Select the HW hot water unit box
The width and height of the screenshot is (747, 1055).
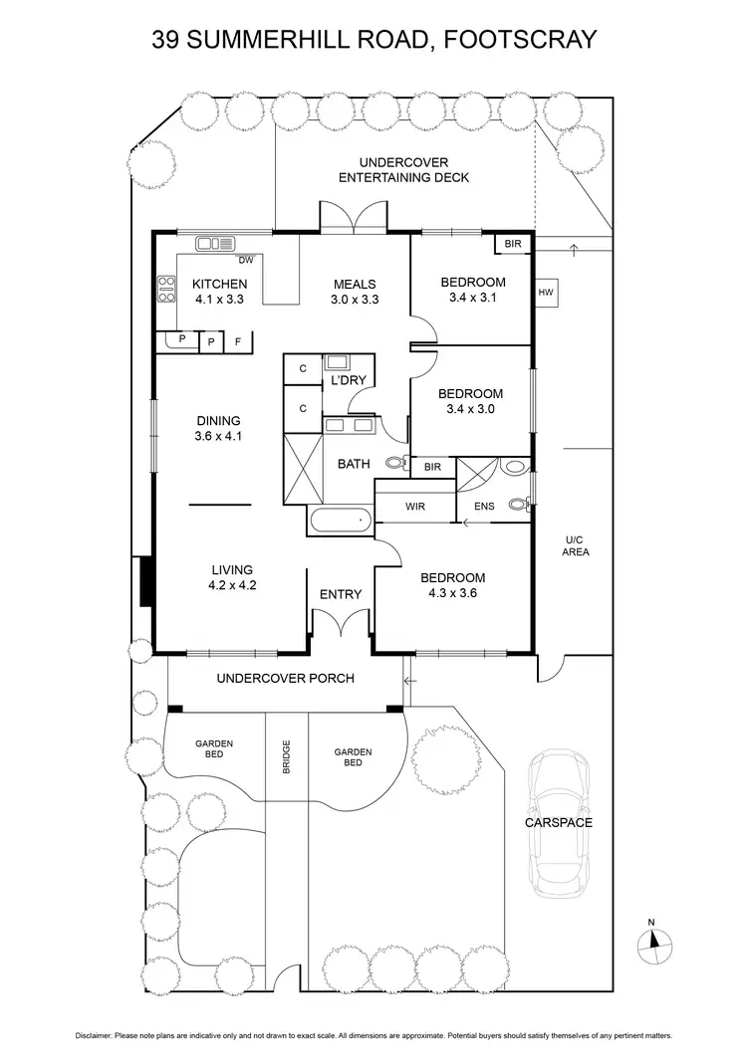pos(545,293)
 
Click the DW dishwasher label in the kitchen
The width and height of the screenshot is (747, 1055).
pos(244,261)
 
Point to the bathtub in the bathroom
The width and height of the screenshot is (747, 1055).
pos(340,520)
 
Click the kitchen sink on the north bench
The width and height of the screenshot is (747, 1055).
pos(213,242)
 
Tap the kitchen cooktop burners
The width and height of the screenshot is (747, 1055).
pos(164,289)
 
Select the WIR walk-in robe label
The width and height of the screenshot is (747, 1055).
pos(415,507)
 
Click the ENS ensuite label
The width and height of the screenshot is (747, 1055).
pos(483,507)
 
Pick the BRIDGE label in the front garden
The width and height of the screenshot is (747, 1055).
pos(286,757)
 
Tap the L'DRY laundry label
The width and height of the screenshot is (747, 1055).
pos(348,381)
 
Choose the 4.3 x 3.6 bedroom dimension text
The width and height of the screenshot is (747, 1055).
pos(452,594)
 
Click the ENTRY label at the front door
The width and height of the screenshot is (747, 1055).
pos(340,594)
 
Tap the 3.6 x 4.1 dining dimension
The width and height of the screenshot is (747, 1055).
pos(219,436)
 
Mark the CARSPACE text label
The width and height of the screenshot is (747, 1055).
pos(559,823)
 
